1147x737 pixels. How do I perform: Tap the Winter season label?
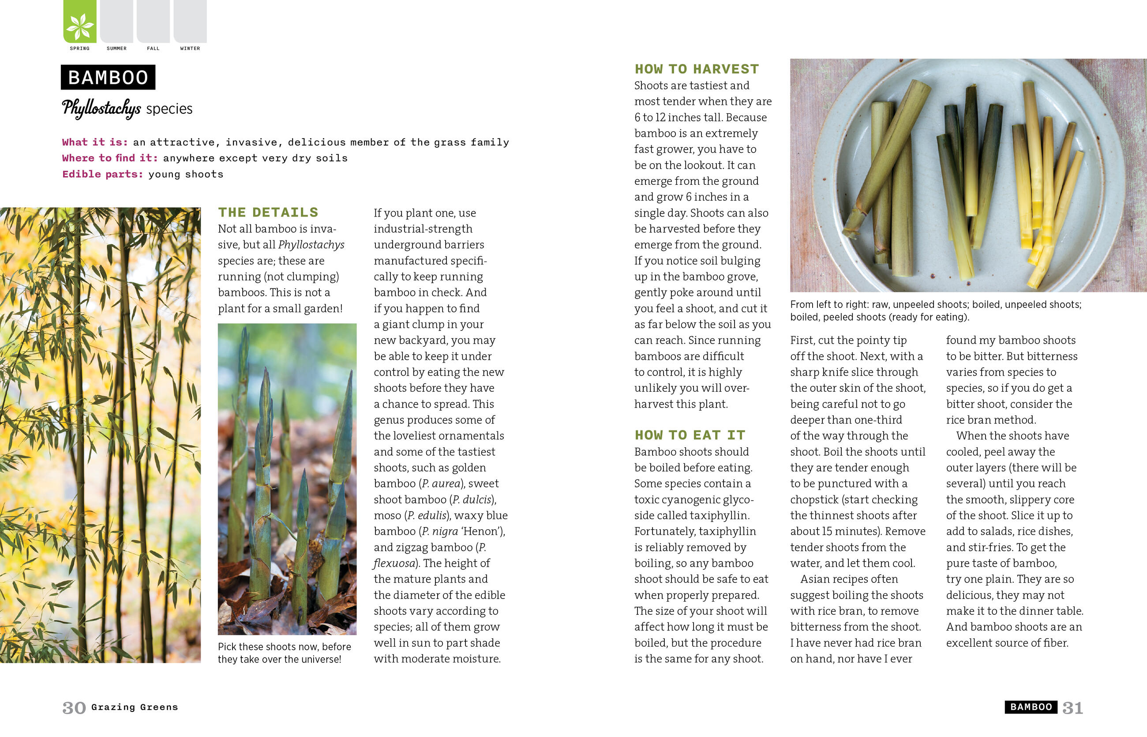pyautogui.click(x=190, y=49)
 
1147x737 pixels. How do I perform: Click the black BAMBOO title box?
pyautogui.click(x=108, y=78)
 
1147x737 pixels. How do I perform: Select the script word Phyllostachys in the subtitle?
pyautogui.click(x=101, y=108)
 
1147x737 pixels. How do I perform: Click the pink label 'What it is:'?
pyautogui.click(x=95, y=142)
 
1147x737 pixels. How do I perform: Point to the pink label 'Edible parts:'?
pyautogui.click(x=102, y=174)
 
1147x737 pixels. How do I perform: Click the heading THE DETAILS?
pyautogui.click(x=268, y=213)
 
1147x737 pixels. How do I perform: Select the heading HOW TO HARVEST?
pyautogui.click(x=697, y=69)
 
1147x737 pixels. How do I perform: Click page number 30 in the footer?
pyautogui.click(x=74, y=708)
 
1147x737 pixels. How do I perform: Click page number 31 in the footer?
pyautogui.click(x=1072, y=708)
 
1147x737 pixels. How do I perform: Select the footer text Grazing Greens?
pyautogui.click(x=135, y=707)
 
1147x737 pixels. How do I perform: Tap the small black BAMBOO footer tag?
pyautogui.click(x=1031, y=707)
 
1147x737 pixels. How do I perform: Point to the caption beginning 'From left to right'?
pyautogui.click(x=935, y=311)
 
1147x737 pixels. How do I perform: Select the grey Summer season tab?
pyautogui.click(x=116, y=22)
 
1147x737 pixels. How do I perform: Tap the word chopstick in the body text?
pyautogui.click(x=814, y=500)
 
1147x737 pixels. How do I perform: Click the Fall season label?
pyautogui.click(x=153, y=49)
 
